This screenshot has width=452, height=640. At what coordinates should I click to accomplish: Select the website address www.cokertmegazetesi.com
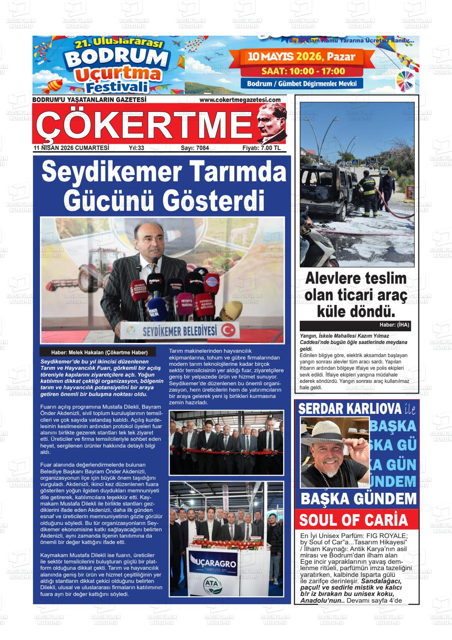[x=240, y=100]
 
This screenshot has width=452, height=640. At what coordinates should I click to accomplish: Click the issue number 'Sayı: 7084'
[x=195, y=148]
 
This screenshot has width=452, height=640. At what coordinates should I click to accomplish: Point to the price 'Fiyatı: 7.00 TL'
[x=261, y=148]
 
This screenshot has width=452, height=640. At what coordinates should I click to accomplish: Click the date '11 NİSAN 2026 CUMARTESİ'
[x=71, y=148]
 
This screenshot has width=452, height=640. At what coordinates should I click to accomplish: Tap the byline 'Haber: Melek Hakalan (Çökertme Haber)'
[x=99, y=352]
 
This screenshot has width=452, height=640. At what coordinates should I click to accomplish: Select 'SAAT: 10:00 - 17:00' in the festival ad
[x=303, y=71]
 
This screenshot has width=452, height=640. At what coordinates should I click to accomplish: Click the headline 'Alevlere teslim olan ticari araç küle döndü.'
[x=356, y=295]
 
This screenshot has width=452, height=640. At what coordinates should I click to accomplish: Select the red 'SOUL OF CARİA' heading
[x=353, y=520]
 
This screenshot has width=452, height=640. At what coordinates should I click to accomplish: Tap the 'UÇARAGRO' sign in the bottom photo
[x=213, y=564]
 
